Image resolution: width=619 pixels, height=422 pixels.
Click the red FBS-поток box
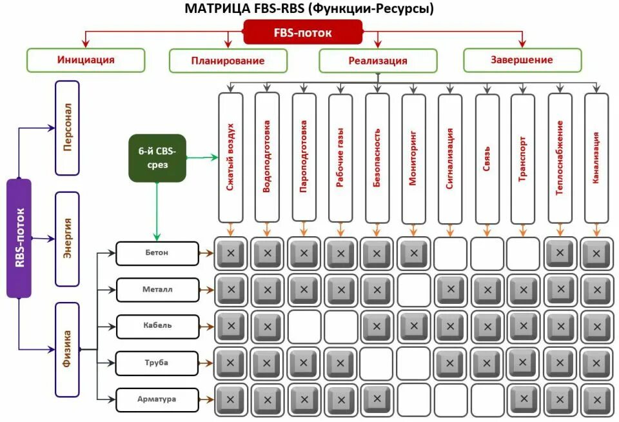point(302,32)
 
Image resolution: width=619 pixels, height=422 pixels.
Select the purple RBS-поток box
point(19,238)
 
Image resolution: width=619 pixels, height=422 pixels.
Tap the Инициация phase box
point(86,60)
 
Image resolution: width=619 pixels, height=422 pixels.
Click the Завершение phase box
point(522,60)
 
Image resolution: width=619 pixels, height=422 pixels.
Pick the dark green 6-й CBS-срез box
point(157,158)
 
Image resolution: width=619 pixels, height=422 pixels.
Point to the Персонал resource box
point(67,128)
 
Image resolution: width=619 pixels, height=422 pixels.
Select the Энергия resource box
point(67,239)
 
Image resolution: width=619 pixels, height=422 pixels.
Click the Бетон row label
point(157,253)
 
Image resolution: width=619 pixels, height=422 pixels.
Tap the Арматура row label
point(157,399)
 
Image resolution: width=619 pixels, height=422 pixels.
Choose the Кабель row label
point(157,326)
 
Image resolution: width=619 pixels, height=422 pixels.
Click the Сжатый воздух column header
point(230,157)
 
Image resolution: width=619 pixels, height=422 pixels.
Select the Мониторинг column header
point(413,157)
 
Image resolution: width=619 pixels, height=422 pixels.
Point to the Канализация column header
point(596,157)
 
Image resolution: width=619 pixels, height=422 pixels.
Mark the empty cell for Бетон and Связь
point(486,254)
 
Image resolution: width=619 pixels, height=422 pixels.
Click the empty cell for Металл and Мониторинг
point(413,290)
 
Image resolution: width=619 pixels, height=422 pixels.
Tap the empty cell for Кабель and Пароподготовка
point(304,327)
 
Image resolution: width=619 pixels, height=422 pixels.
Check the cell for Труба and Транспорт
point(523,363)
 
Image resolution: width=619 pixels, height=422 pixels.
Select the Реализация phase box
point(378,61)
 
